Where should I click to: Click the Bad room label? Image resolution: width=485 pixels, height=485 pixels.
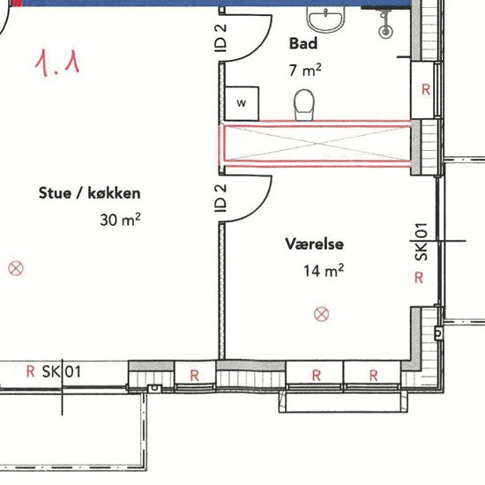pos(303,43)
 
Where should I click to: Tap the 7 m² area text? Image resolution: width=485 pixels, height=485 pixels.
pos(305,70)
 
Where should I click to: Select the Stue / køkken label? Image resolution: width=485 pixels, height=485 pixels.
pos(89,193)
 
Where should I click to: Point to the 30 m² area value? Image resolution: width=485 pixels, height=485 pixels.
pos(120,220)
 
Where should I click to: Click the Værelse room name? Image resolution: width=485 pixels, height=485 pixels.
pos(314,243)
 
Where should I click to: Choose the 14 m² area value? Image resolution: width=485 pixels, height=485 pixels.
pos(324,271)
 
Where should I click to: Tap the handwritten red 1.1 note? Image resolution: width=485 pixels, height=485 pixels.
pos(57,63)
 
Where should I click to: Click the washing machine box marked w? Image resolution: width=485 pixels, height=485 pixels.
pos(242,103)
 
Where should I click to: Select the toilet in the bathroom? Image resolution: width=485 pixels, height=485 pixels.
pos(304,105)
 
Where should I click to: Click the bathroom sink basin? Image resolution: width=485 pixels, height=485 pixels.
pos(325,19)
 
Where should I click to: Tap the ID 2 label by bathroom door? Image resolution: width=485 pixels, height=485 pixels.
pos(220,38)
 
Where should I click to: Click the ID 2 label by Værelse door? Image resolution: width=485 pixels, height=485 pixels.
pos(220,198)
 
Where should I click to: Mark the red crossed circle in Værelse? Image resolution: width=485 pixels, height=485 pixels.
pos(321,314)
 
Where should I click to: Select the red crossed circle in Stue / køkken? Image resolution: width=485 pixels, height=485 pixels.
pos(16,268)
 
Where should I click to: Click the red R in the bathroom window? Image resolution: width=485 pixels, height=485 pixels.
pos(426,90)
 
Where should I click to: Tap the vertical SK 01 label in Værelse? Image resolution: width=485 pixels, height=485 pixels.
pos(422,242)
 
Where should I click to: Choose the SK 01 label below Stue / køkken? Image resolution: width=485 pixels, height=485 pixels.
pos(62,371)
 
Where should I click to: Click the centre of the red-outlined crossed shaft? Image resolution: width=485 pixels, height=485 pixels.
pos(315,144)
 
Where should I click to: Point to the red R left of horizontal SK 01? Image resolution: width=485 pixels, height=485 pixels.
pos(30,371)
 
